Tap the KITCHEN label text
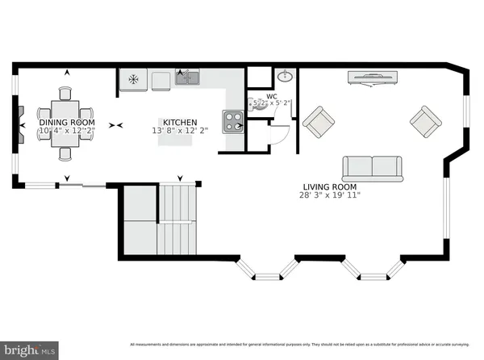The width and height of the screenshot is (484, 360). click(179, 121)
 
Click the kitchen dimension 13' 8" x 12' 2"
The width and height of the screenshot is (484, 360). click(179, 130)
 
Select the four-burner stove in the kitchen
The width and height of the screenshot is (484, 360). click(233, 121)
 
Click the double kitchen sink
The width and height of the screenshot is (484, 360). click(188, 78)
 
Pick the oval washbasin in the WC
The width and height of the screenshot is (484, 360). click(285, 77)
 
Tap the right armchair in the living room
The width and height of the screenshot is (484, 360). click(425, 123)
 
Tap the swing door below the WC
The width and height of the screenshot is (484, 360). click(274, 134)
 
